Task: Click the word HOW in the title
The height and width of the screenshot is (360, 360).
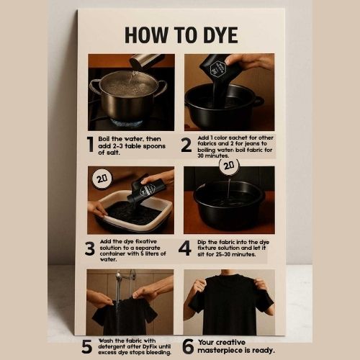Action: pyautogui.click(x=146, y=35)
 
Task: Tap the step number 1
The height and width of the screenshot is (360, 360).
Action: pyautogui.click(x=90, y=144)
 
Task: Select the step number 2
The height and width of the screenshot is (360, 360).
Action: pyautogui.click(x=186, y=145)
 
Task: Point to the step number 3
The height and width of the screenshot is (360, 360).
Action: pyautogui.click(x=90, y=248)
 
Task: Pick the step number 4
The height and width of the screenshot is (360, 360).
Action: pyautogui.click(x=185, y=248)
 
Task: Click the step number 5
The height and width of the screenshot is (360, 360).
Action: pyautogui.click(x=86, y=346)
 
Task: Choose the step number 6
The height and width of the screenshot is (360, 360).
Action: pyautogui.click(x=188, y=346)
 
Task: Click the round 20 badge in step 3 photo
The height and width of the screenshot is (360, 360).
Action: pyautogui.click(x=102, y=179)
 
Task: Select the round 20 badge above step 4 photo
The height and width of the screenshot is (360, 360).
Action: pyautogui.click(x=229, y=166)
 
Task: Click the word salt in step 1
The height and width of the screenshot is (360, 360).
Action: pyautogui.click(x=112, y=153)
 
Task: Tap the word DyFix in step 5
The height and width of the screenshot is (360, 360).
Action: pyautogui.click(x=150, y=346)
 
